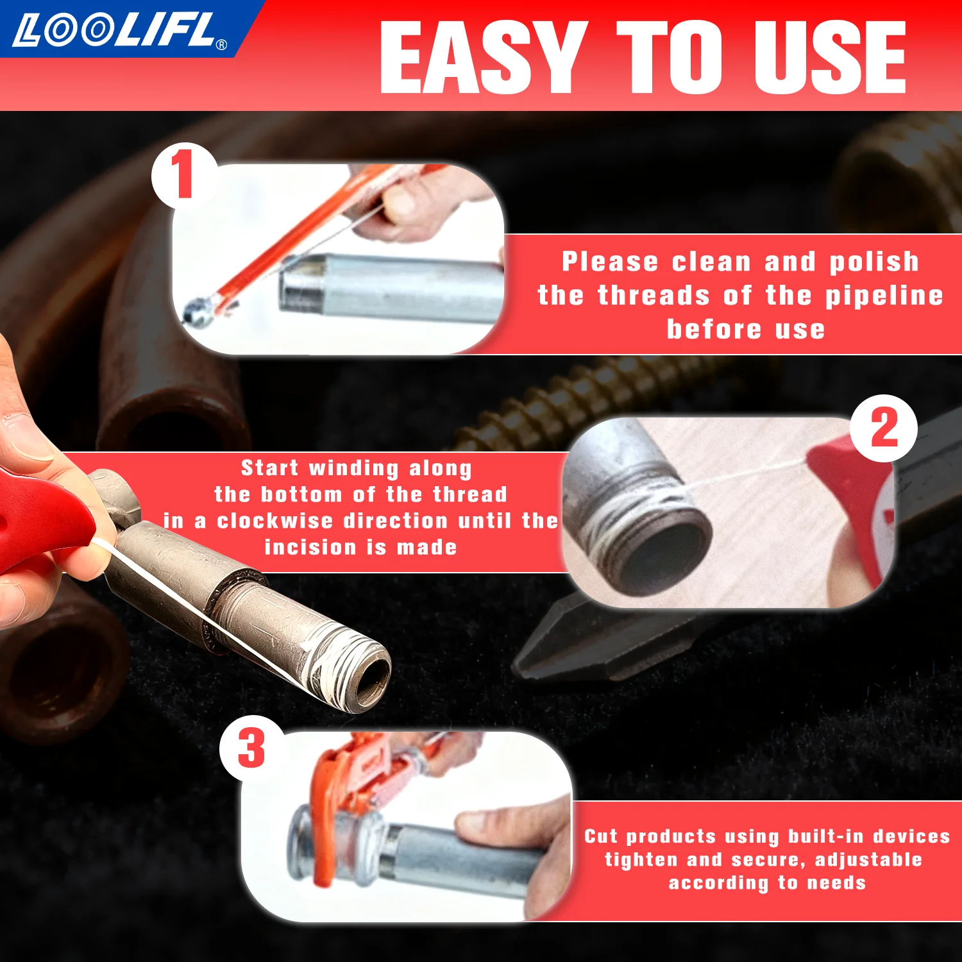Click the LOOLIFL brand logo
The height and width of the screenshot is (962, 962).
tap(115, 30)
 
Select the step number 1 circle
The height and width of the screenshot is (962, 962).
tap(183, 175)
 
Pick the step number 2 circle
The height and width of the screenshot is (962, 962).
tap(884, 428)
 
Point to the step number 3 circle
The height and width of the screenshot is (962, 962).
tap(251, 748)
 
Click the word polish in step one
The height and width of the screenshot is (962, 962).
tap(874, 262)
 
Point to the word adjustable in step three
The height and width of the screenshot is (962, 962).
tap(868, 859)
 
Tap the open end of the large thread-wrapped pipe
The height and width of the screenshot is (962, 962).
tap(372, 680)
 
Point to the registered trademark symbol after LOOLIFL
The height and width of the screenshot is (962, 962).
tap(222, 45)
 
